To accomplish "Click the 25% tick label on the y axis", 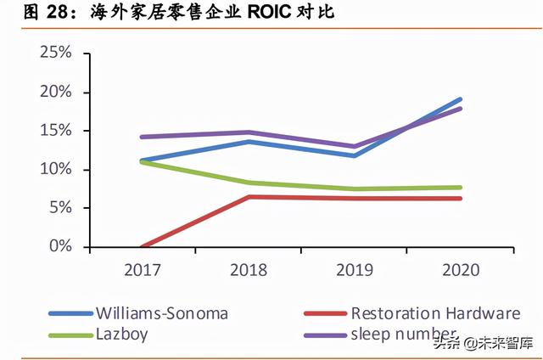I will point(55,53).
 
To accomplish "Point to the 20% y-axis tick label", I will point(55,93).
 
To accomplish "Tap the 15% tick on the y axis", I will point(55,131).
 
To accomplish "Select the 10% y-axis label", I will point(55,170).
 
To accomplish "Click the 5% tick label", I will point(59,208).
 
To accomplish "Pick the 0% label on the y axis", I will point(59,246).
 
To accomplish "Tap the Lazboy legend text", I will point(121,335).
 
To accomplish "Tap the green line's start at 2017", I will point(141,161).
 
